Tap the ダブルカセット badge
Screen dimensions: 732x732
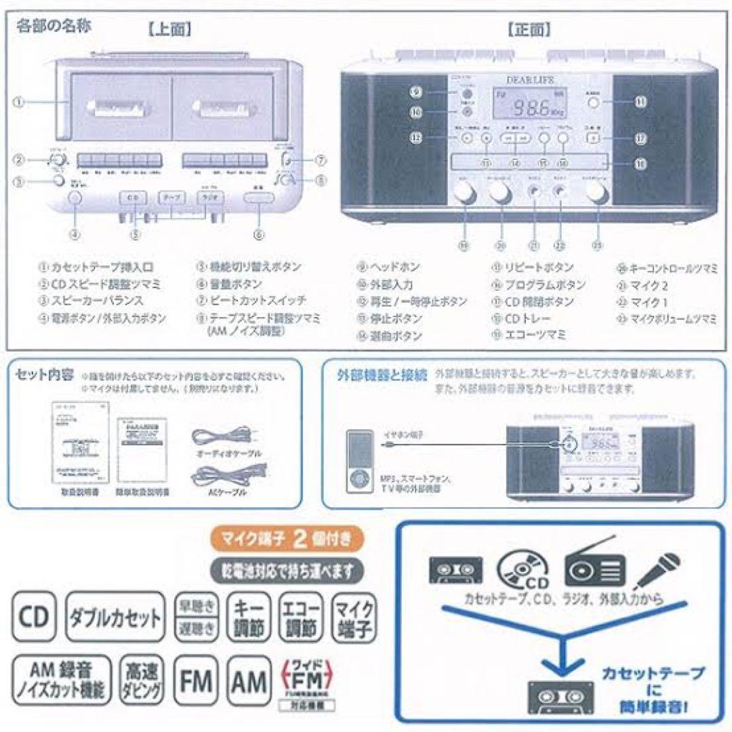116,617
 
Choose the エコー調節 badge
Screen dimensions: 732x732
300,617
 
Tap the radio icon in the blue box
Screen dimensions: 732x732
595,571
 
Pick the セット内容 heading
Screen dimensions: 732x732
42,374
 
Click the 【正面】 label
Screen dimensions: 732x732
529,30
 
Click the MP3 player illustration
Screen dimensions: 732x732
359,460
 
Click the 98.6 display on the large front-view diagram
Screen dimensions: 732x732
531,106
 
